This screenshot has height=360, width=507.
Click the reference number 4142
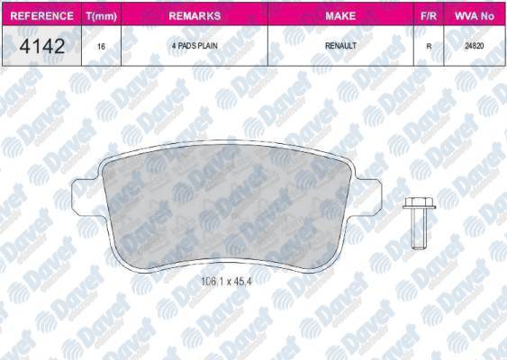[x=41, y=46]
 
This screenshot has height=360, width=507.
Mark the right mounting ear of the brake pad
[x=376, y=193]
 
